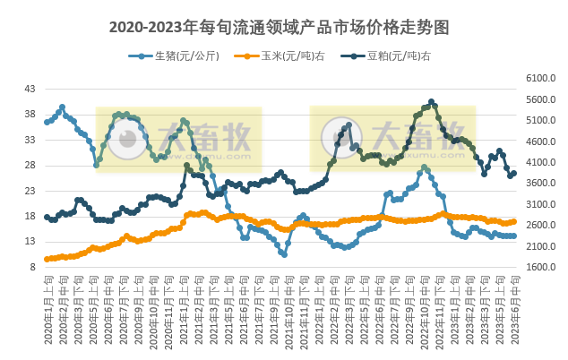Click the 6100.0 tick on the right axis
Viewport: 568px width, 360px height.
click(540, 79)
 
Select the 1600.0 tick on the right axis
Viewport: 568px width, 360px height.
click(540, 267)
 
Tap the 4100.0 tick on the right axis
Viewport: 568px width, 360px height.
click(540, 162)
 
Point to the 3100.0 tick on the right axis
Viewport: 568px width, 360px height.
click(540, 204)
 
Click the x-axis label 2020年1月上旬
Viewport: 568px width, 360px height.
click(47, 309)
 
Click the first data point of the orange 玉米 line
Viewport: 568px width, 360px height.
click(47, 259)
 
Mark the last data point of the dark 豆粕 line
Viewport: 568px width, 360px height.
click(513, 174)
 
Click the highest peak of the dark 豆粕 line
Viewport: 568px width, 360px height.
click(431, 102)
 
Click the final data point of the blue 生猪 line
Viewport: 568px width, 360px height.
click(513, 236)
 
